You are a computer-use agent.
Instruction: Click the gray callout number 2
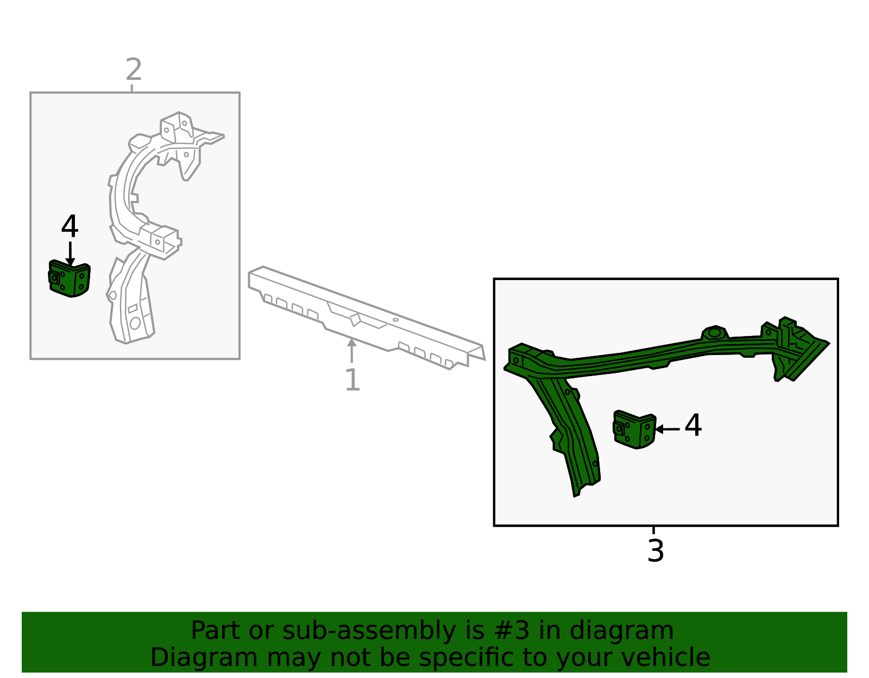click(x=134, y=69)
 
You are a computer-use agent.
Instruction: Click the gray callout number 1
click(x=352, y=379)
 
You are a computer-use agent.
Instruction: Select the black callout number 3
click(x=656, y=552)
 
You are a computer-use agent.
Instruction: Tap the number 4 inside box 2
click(x=70, y=226)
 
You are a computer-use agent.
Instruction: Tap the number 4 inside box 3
click(x=693, y=425)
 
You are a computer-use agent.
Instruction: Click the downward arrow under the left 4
click(x=71, y=254)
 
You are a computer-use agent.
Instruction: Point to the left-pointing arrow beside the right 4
click(x=667, y=429)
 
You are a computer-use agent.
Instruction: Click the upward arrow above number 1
click(x=351, y=350)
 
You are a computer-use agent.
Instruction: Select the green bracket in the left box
click(x=69, y=278)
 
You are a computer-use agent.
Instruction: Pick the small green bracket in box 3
click(x=634, y=429)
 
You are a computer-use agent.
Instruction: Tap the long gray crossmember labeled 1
click(x=367, y=318)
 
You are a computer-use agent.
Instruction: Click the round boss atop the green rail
click(x=715, y=332)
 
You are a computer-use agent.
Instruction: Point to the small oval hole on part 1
click(x=395, y=320)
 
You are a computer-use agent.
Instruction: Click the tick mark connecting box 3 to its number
click(x=653, y=530)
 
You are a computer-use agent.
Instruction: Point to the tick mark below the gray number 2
click(x=131, y=88)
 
